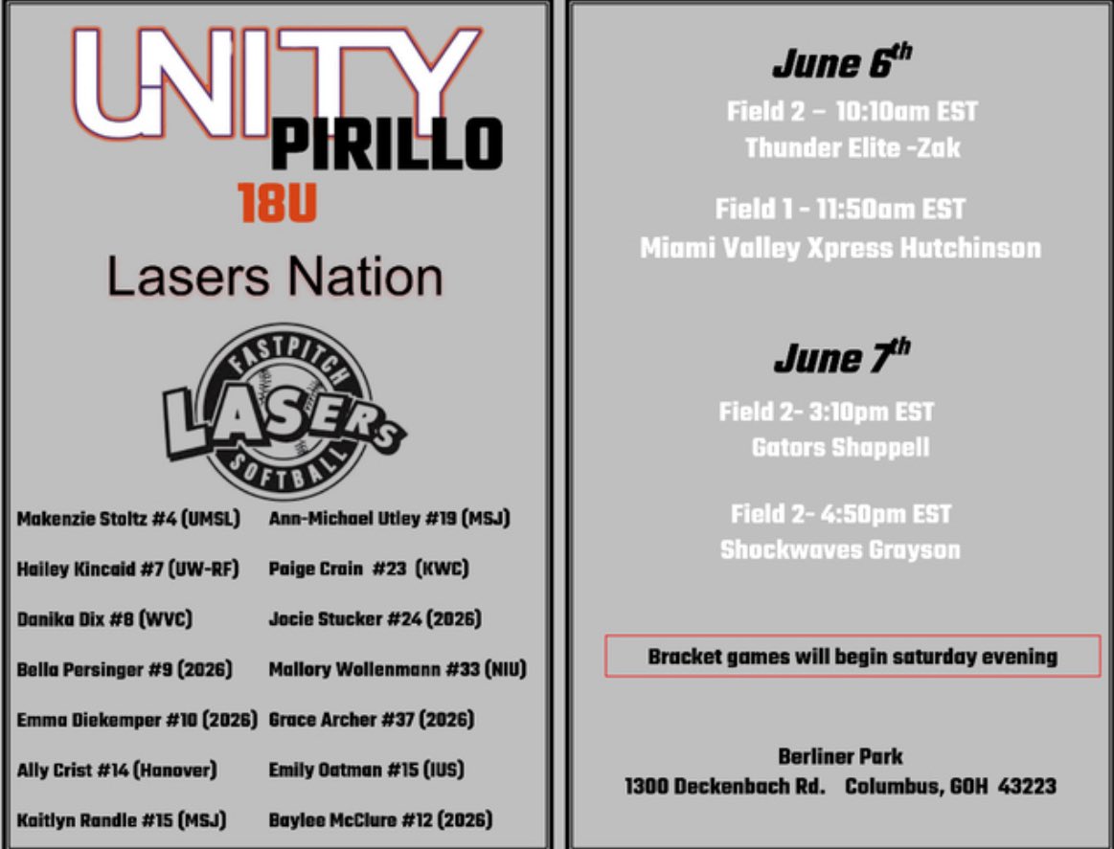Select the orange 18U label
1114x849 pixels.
(277, 203)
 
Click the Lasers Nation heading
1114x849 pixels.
(275, 277)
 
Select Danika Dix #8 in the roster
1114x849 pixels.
(104, 618)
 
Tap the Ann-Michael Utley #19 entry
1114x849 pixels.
(389, 519)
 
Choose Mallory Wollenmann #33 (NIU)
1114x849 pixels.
(398, 669)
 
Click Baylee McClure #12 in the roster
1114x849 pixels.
(380, 819)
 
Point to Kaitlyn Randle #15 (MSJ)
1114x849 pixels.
(122, 819)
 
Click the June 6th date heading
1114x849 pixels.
(841, 64)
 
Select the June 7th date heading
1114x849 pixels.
(841, 358)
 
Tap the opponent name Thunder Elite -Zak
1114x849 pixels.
(852, 148)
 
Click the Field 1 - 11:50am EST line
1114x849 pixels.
(840, 209)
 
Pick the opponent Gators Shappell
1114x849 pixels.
(840, 447)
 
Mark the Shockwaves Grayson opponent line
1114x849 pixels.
(840, 550)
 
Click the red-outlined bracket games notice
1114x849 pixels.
(852, 656)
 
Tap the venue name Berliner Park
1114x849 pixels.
(840, 756)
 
